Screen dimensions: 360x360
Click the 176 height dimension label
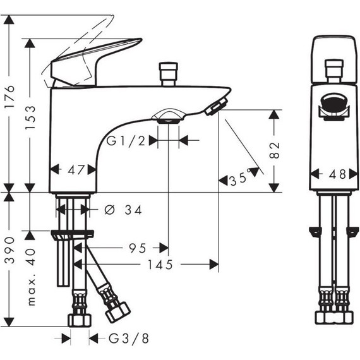pyautogui.click(x=10, y=97)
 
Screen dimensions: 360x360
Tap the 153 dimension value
pyautogui.click(x=30, y=117)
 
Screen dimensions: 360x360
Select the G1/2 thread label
pyautogui.click(x=126, y=141)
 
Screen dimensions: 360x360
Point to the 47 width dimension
pyautogui.click(x=76, y=170)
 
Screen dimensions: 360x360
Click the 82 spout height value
pyautogui.click(x=275, y=150)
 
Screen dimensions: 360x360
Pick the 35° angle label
pyautogui.click(x=240, y=178)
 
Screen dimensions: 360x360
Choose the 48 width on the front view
pyautogui.click(x=337, y=174)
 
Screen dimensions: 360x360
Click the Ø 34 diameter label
pyautogui.click(x=123, y=210)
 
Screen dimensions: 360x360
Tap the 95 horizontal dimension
pyautogui.click(x=137, y=248)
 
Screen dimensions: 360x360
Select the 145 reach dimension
pyautogui.click(x=160, y=265)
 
